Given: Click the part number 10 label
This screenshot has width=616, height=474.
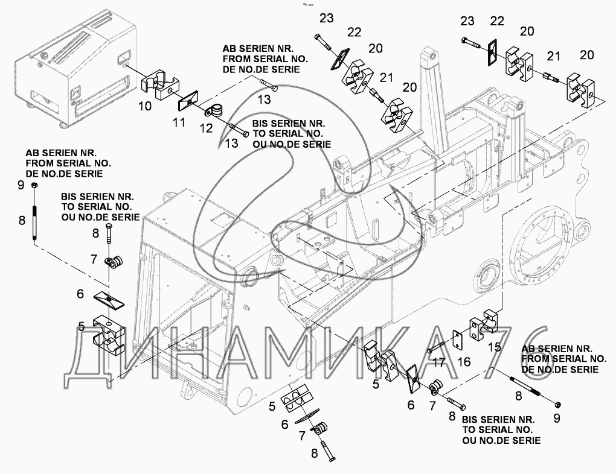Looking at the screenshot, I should point(145,106).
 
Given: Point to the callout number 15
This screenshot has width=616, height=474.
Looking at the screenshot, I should point(494,347).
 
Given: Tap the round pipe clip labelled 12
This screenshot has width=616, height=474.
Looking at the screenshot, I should point(214,112).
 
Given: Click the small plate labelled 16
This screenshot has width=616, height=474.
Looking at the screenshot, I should point(458,339).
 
